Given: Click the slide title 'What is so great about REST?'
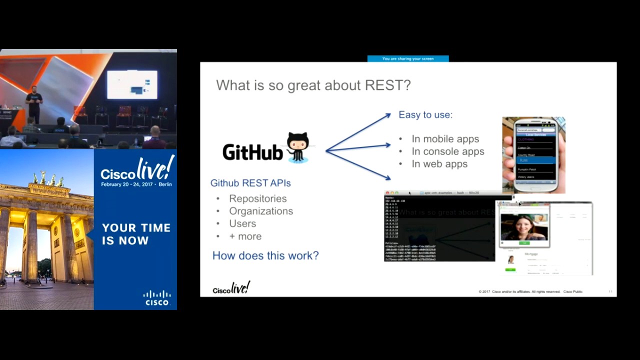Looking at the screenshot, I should tap(313, 85).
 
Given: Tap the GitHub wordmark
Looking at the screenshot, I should tap(252, 152).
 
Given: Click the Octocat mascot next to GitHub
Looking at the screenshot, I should tap(298, 147).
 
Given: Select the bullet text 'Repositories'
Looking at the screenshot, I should tap(258, 198).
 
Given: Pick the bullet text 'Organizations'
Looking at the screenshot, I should tap(261, 211).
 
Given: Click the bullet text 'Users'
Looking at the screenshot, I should tap(242, 223).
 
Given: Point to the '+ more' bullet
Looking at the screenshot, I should tap(245, 236).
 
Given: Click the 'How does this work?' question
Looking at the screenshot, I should tap(265, 255).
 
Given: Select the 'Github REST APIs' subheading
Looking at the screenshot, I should tap(250, 183).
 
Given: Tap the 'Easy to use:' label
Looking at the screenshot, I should tap(425, 114).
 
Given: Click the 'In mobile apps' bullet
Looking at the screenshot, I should tap(445, 139).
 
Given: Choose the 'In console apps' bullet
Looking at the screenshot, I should tap(447, 151).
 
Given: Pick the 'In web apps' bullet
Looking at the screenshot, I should tap(439, 164).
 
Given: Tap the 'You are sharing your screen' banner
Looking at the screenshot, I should tap(408, 59).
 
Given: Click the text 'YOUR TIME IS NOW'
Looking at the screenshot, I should tap(136, 234).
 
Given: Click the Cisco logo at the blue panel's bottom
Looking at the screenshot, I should tap(157, 298).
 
